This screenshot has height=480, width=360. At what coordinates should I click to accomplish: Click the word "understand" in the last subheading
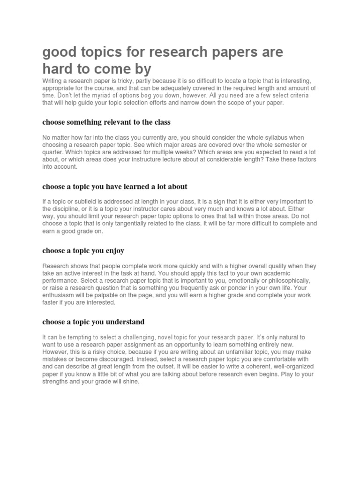click(123, 322)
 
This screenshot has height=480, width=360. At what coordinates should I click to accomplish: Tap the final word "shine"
click(130, 381)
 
